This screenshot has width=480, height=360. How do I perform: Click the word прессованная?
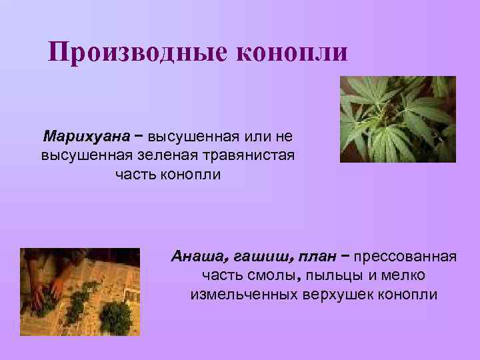tap(405, 255)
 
